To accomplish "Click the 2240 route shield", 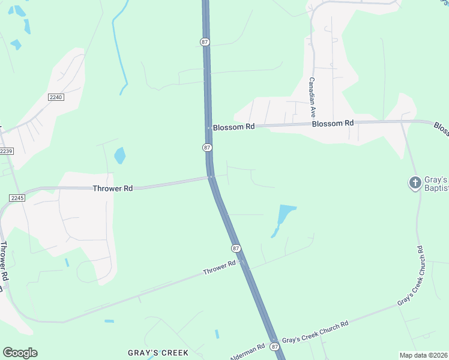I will pyautogui.click(x=55, y=97).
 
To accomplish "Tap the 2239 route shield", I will pyautogui.click(x=5, y=151).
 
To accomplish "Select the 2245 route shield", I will pyautogui.click(x=16, y=197).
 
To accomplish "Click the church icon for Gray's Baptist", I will pyautogui.click(x=415, y=182).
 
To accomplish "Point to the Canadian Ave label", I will pyautogui.click(x=312, y=97).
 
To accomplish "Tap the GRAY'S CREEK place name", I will pyautogui.click(x=158, y=353).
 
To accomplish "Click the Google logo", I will pyautogui.click(x=20, y=352).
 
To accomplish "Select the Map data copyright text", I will pyautogui.click(x=424, y=355).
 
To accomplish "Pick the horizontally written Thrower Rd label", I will pyautogui.click(x=112, y=188).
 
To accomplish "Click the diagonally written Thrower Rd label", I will pyautogui.click(x=219, y=268).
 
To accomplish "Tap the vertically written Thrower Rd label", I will pyautogui.click(x=4, y=262).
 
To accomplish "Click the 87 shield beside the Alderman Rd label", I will pyautogui.click(x=274, y=347).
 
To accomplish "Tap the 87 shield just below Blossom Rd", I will pyautogui.click(x=206, y=148).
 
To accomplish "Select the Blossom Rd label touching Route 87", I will pyautogui.click(x=234, y=127).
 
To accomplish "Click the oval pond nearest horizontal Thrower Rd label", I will pyautogui.click(x=120, y=155).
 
